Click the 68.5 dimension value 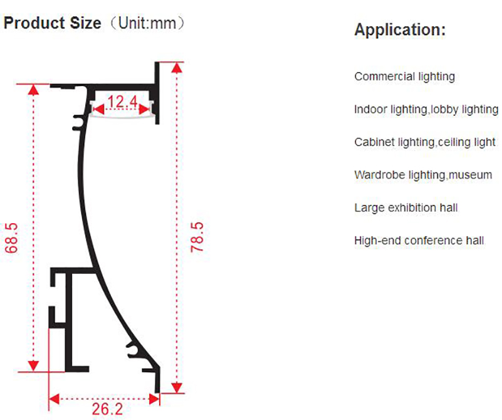[11, 238]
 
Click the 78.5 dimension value [197, 237]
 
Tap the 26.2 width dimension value [107, 409]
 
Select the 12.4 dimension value [122, 102]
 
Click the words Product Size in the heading [52, 23]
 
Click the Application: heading [400, 29]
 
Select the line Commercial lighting [404, 76]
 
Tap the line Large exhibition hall [406, 207]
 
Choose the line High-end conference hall [419, 241]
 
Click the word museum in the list [470, 175]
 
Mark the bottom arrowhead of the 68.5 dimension [33, 365]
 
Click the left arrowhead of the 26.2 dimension [55, 399]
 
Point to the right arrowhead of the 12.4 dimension [144, 110]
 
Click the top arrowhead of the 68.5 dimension [33, 90]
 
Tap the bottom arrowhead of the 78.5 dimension [177, 387]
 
